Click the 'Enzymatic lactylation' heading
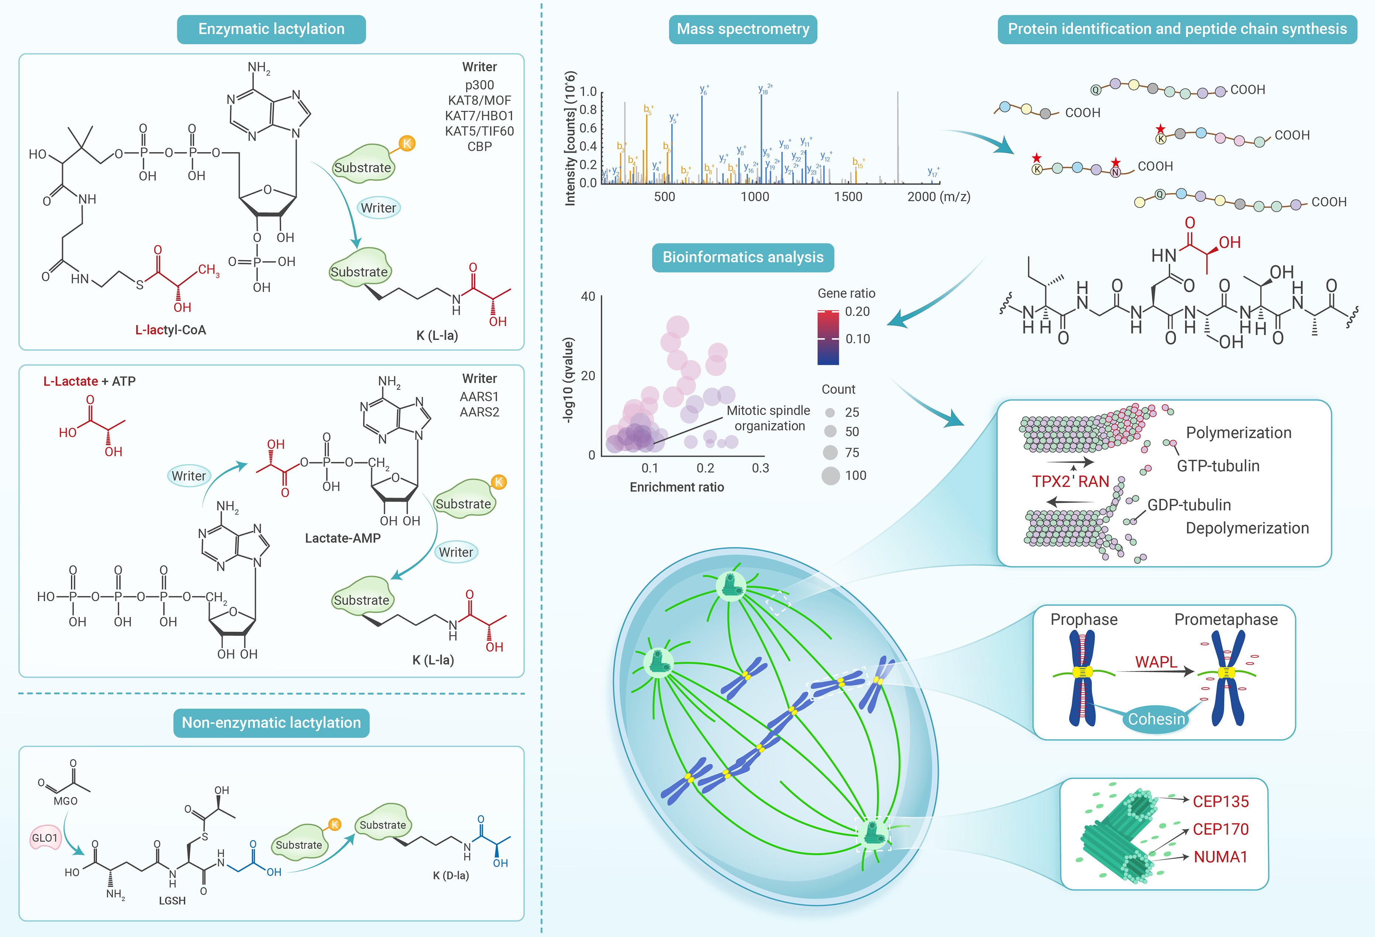click(271, 29)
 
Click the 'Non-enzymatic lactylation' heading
click(271, 723)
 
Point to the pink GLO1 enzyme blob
click(45, 838)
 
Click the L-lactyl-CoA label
click(170, 330)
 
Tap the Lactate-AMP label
click(342, 538)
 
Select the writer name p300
click(479, 85)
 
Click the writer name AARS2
click(479, 412)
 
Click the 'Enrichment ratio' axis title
click(677, 487)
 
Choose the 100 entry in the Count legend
click(855, 475)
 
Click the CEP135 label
click(1221, 802)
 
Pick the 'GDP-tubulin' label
click(1189, 505)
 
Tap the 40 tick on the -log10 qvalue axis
click(588, 296)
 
